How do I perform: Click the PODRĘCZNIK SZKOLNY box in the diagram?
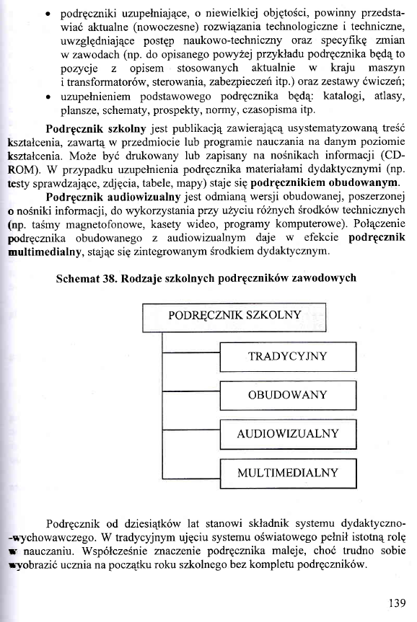[x=234, y=316]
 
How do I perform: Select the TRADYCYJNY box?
[x=288, y=356]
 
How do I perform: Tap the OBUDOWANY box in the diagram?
[x=288, y=395]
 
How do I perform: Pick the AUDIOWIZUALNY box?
[x=288, y=434]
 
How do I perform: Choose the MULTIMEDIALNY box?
[x=288, y=473]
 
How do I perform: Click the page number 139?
[x=397, y=604]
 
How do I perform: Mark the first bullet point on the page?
[x=47, y=14]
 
